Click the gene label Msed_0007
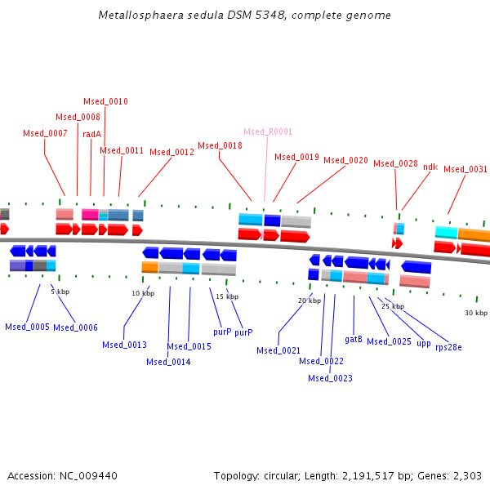pos(45,133)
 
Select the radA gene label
pos(91,134)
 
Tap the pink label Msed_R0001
pos(268,131)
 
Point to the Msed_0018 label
pos(220,145)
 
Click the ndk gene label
pos(430,167)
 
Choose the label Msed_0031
pos(465,169)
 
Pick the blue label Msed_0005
pos(27,327)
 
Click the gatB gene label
pos(354,338)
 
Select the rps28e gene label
pos(448,347)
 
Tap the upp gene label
pos(423,344)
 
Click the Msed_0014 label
pos(168,362)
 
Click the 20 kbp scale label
pos(310,301)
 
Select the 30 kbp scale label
pos(476,313)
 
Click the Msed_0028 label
pos(395,163)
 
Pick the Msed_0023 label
pos(330,378)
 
